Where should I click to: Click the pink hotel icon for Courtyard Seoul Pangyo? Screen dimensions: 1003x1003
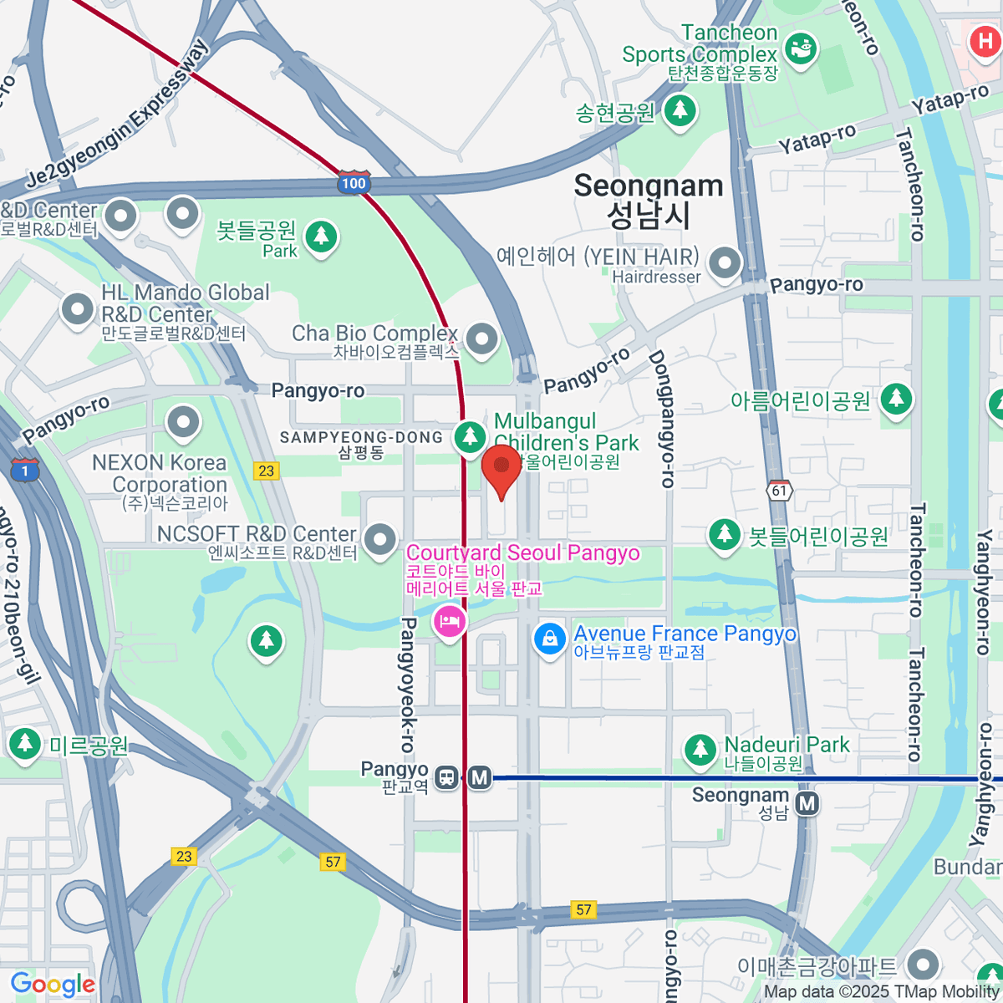450,622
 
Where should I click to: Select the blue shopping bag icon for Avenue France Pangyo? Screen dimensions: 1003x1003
550,639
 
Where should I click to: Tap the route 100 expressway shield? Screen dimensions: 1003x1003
354,183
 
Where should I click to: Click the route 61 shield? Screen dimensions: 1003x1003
780,491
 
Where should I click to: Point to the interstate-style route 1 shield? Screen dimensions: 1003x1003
25,471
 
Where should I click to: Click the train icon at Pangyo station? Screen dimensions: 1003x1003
447,778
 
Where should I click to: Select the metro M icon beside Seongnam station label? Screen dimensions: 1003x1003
807,804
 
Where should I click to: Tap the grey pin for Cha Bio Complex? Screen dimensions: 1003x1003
481,339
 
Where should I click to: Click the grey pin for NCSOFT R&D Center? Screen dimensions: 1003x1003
381,538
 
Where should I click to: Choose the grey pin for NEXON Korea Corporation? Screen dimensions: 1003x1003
184,423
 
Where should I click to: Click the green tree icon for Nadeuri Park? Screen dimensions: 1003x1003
700,750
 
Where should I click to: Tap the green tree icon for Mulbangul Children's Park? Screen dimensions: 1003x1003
470,435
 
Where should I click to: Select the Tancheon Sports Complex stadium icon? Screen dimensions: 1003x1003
801,48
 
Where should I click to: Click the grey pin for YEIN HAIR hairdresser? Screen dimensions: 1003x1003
725,262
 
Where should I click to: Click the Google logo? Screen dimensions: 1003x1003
53,985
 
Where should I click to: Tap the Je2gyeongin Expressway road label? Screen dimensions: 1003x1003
117,115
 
